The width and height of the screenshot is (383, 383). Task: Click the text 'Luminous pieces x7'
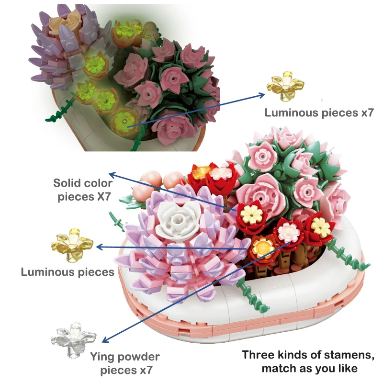pos(319,113)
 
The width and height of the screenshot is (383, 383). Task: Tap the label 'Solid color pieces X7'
pos(83,190)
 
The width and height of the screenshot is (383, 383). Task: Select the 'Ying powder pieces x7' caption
pos(124,363)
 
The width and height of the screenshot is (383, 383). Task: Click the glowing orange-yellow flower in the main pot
pos(262,248)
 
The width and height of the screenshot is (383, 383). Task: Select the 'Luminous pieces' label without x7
pos(67,272)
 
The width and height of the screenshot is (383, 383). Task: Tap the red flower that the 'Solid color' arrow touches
pos(251,215)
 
